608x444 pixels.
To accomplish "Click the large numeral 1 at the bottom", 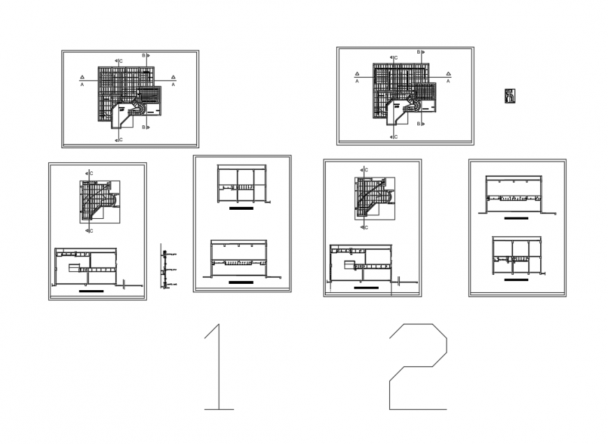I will (217, 366).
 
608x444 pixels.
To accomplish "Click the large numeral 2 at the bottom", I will (418, 366).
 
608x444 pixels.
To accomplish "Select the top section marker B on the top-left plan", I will (146, 55).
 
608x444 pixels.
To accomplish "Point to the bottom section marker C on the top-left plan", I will (119, 140).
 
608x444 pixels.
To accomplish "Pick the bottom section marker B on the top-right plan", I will (420, 123).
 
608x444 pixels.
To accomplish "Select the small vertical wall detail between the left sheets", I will (164, 266).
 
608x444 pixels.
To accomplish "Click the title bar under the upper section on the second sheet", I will (241, 208).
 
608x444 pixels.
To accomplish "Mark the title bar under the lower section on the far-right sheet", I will (516, 280).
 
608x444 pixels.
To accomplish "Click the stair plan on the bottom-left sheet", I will (99, 202).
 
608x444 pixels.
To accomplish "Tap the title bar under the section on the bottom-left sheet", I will (92, 290).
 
